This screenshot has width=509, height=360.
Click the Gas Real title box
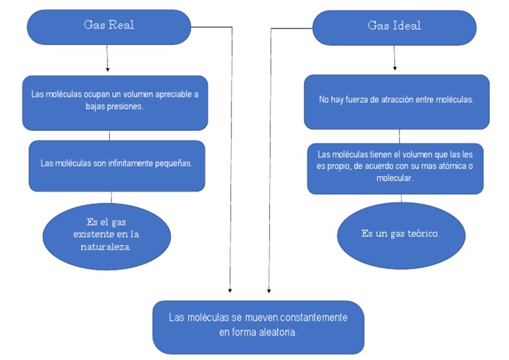click(x=109, y=27)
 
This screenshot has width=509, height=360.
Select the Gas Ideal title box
click(x=394, y=27)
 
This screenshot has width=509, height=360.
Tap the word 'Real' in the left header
click(x=122, y=25)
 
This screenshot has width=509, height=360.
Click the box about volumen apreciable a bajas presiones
click(x=115, y=101)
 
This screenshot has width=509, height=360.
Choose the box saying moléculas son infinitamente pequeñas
click(x=117, y=165)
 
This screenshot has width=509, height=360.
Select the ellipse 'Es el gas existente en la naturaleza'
click(x=107, y=234)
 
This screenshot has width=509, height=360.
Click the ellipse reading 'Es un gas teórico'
click(x=400, y=235)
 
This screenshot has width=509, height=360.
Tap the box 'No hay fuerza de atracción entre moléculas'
click(x=396, y=101)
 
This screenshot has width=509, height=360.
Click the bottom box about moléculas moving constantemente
click(x=258, y=326)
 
